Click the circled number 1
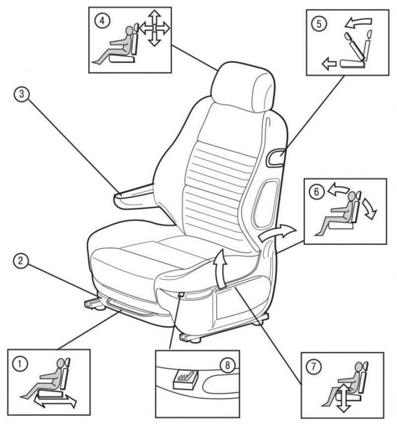point(20,364)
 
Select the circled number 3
point(21,94)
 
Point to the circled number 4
point(102,21)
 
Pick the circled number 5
point(319,24)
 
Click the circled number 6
point(316,192)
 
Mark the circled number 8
point(227,365)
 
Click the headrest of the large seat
point(242,86)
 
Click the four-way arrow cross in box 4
point(154,28)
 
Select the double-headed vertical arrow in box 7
point(344,398)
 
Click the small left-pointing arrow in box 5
point(329,64)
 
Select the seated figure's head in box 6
point(352,197)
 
